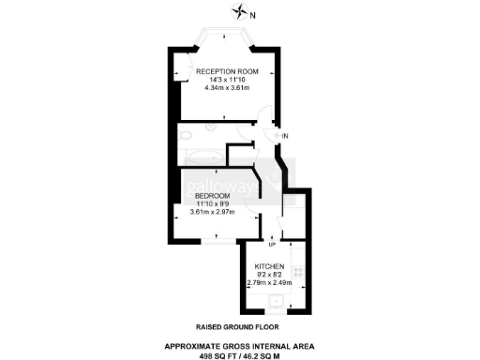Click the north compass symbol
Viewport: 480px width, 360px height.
pos(242,12)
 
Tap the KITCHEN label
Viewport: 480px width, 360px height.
pos(269,266)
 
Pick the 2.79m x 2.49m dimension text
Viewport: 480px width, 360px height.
pos(269,282)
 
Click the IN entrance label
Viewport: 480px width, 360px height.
pos(286,137)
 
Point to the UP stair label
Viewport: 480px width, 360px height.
pos(271,245)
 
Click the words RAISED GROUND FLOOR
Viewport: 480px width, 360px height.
pos(239,327)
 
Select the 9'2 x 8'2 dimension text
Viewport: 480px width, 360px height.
pos(269,275)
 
